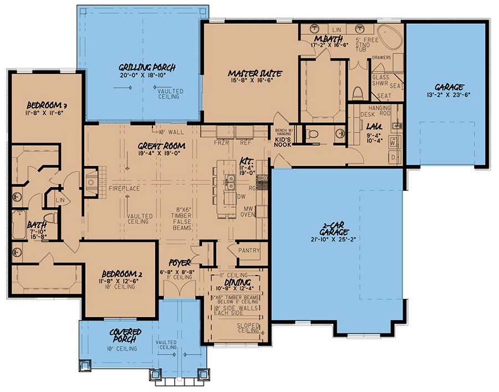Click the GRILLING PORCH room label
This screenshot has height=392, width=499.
click(147, 68)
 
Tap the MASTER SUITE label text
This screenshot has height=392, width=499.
click(256, 73)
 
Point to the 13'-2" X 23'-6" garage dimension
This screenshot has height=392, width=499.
click(449, 95)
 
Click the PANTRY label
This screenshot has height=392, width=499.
click(249, 251)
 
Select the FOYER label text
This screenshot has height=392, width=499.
click(180, 262)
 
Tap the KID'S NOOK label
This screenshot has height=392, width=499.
click(283, 141)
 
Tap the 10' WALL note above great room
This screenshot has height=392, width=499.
click(170, 132)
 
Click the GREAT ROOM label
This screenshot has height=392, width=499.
click(161, 146)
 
